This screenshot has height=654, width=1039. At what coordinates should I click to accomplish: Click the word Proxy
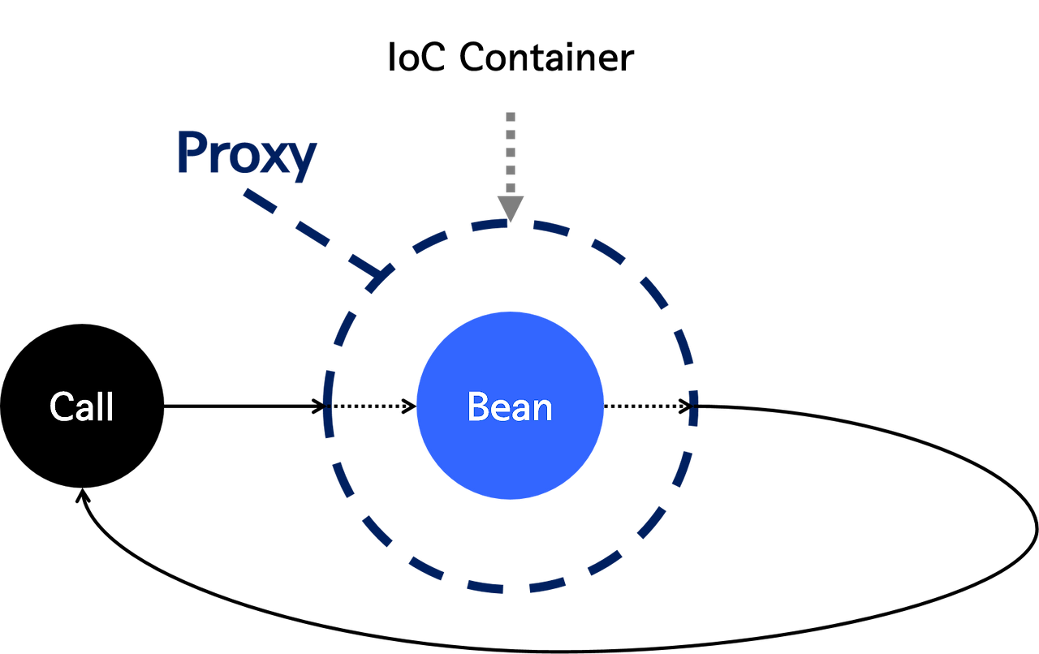(x=248, y=154)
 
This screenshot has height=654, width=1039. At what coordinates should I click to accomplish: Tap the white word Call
(x=81, y=407)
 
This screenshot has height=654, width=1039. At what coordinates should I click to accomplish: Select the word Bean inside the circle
(x=510, y=407)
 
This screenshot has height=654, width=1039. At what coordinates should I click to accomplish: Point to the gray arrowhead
(x=511, y=207)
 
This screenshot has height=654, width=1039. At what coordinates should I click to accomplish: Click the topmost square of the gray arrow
(x=511, y=117)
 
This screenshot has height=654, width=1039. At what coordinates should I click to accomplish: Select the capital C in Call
(x=62, y=407)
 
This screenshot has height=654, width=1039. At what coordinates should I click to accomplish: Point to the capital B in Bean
(x=478, y=407)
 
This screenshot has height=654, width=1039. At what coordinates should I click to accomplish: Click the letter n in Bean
(x=543, y=410)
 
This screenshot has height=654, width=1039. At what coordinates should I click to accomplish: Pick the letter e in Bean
(x=500, y=410)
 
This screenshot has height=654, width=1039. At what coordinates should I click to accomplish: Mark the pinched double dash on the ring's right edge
(x=692, y=407)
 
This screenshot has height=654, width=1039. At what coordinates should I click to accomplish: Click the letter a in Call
(x=88, y=410)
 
